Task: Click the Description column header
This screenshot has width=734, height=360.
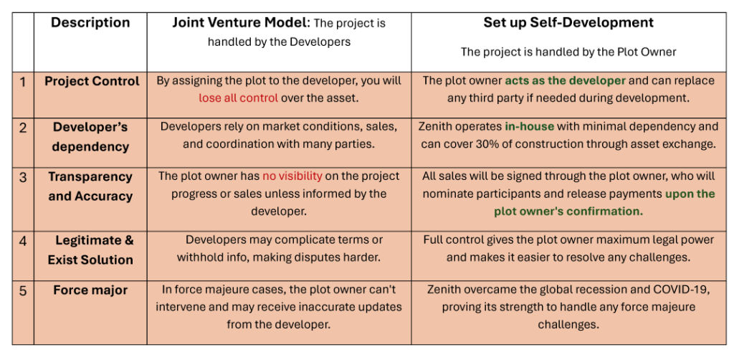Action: pyautogui.click(x=90, y=23)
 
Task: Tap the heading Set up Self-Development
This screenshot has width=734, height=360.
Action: pyautogui.click(x=568, y=22)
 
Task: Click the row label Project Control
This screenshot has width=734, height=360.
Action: pyautogui.click(x=92, y=82)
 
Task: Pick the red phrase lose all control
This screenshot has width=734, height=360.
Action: pyautogui.click(x=238, y=98)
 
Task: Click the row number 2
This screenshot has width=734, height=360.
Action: pyautogui.click(x=23, y=128)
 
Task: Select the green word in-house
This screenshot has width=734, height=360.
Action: pyautogui.click(x=529, y=126)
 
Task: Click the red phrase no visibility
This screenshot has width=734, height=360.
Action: pyautogui.click(x=292, y=176)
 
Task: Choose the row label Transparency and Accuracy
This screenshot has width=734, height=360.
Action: pyautogui.click(x=90, y=186)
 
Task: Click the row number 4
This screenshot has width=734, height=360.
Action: pyautogui.click(x=23, y=242)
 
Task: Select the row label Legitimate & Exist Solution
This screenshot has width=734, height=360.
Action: pyautogui.click(x=90, y=250)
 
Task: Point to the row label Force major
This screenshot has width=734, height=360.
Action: pyautogui.click(x=90, y=290)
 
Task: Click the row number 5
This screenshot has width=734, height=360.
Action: pyautogui.click(x=23, y=291)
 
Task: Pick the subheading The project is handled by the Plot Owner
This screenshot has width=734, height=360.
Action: pyautogui.click(x=568, y=52)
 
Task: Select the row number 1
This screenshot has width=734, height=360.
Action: pyautogui.click(x=23, y=82)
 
